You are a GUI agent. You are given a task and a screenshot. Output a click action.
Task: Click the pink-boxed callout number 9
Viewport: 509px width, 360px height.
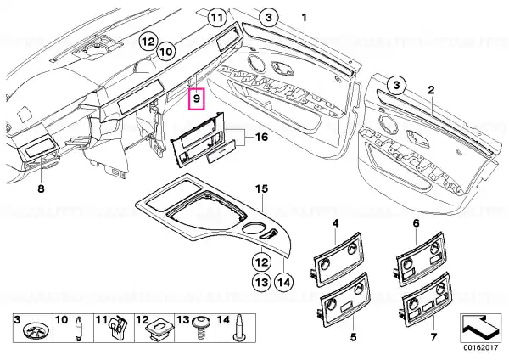point(197,98)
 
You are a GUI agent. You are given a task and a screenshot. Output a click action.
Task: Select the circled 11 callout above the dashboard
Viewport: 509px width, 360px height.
point(217,18)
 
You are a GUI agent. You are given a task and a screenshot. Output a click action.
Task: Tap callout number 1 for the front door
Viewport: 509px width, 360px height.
point(305,18)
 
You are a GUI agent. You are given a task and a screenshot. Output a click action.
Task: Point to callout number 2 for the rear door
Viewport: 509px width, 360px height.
point(431,90)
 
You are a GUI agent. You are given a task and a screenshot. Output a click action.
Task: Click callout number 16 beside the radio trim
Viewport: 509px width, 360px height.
point(261,137)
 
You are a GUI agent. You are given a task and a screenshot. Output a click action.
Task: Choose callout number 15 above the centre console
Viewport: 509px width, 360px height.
point(261,188)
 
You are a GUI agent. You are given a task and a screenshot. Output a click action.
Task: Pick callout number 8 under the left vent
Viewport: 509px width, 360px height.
point(41,188)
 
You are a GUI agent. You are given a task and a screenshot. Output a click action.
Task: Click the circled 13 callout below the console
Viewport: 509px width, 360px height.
point(261,282)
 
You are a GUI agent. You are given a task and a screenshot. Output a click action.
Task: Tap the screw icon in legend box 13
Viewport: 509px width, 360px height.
point(200,329)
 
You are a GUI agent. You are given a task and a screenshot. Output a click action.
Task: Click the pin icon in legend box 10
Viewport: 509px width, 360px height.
point(79,329)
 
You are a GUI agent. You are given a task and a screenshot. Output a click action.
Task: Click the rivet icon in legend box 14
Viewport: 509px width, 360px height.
point(239,328)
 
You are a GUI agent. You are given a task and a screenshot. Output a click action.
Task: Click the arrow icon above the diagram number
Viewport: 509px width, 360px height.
point(479,328)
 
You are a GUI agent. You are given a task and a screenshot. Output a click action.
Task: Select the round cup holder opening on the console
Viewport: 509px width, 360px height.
point(252,228)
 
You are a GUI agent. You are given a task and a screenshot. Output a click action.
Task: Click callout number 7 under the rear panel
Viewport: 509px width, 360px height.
point(433,337)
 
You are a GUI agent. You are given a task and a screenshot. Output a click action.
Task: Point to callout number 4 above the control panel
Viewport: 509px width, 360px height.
point(335,223)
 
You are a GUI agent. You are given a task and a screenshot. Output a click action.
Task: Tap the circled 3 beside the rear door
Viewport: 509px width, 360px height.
point(397,85)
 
